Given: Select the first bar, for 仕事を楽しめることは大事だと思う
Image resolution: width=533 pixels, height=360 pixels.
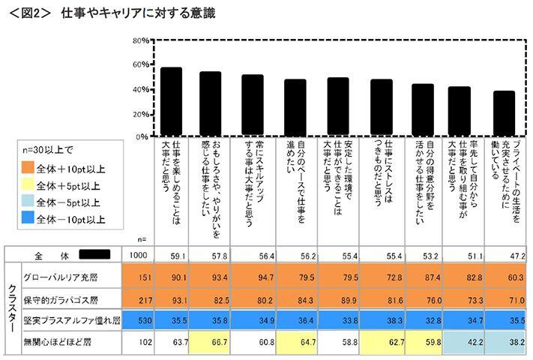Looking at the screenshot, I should pos(172,102).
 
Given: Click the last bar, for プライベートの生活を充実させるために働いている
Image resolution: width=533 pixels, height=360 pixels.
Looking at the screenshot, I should pos(504,114).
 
